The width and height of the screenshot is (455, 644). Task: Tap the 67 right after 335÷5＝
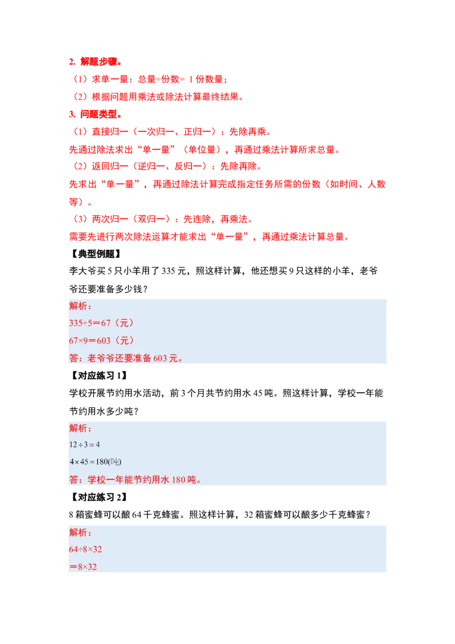[x=105, y=323]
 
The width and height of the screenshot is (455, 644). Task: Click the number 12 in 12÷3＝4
[x=73, y=444]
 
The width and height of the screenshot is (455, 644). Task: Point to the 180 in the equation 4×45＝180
[x=104, y=461]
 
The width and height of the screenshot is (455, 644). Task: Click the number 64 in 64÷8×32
[x=73, y=550]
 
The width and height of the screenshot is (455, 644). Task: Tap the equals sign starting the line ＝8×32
[x=72, y=567]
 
